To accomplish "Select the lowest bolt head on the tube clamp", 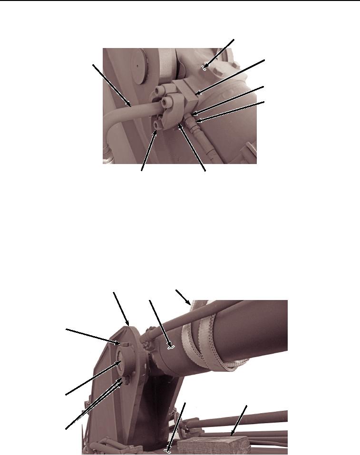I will (157, 125).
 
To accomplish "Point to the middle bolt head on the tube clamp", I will (166, 103).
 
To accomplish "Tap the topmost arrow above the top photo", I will (218, 54).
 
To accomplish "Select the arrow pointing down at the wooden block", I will (239, 420).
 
